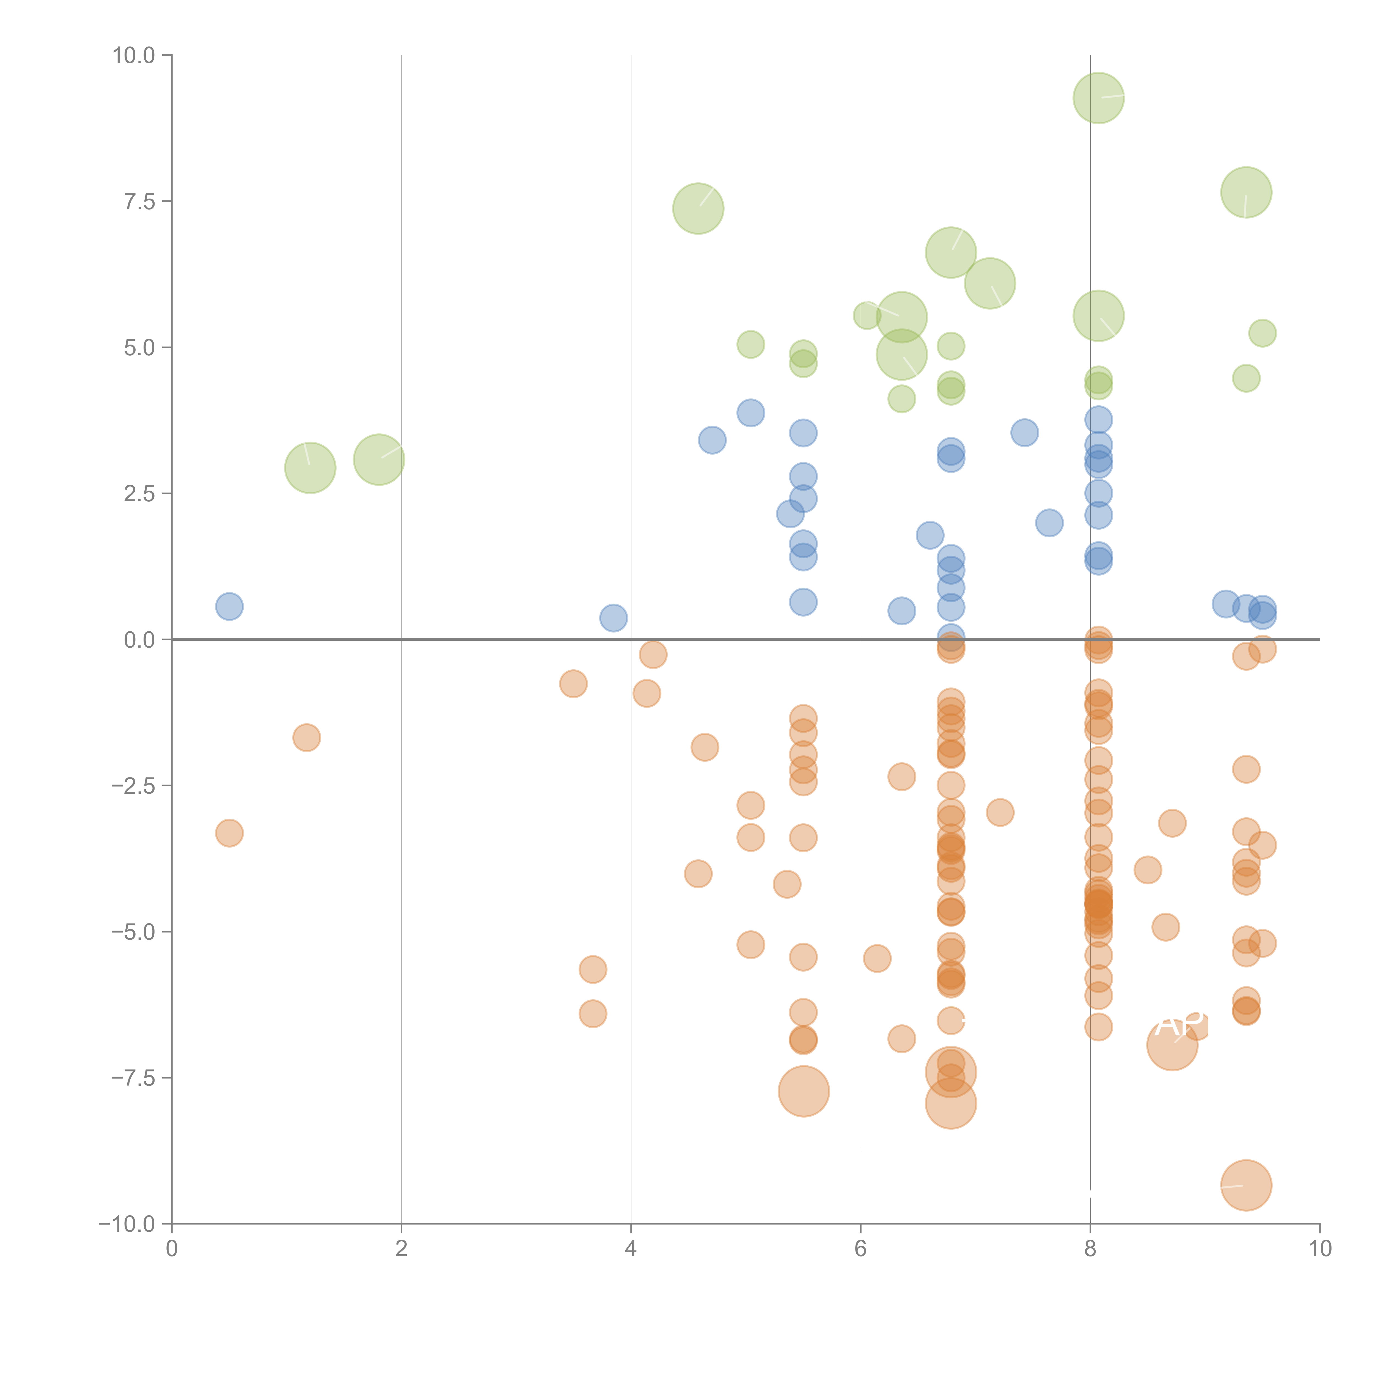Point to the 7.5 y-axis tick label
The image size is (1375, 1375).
(139, 201)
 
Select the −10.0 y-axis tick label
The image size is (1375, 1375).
(127, 1224)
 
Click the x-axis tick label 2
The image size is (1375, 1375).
(402, 1249)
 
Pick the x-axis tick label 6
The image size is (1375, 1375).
(860, 1249)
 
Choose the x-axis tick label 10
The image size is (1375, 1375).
(1319, 1249)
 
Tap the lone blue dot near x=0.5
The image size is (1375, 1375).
(229, 606)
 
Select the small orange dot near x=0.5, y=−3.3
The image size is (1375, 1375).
(229, 833)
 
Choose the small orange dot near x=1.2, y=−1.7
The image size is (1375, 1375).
(306, 737)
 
